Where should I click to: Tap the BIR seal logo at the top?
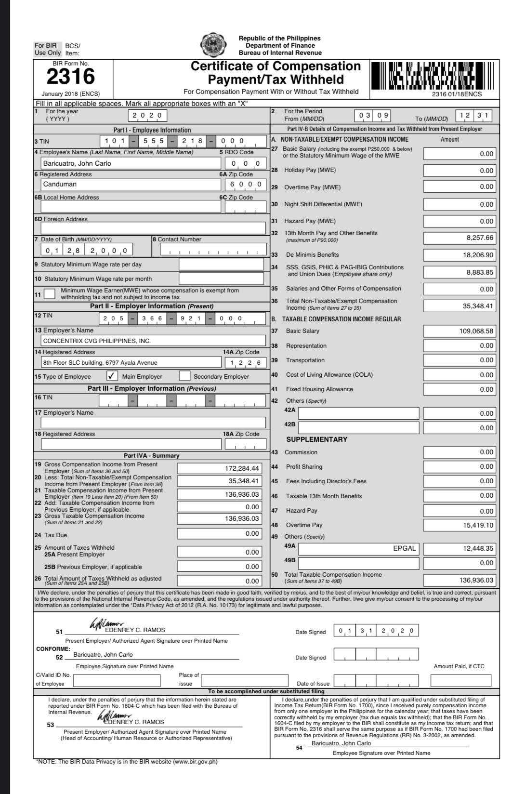(212, 45)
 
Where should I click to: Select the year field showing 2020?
(148, 116)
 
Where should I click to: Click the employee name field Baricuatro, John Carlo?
(130, 163)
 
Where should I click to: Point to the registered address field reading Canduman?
(130, 184)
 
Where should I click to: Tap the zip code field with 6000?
(245, 184)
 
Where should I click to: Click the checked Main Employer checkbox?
(112, 376)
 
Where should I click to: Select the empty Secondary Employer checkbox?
(184, 376)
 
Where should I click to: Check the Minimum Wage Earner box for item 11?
(49, 293)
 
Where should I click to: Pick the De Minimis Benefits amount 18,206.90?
(460, 255)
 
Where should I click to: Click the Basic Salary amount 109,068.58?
(460, 331)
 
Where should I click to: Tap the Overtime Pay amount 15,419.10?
(460, 525)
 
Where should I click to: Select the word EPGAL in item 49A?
(404, 548)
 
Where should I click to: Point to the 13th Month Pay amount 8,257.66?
(460, 238)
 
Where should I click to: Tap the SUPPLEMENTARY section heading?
(316, 439)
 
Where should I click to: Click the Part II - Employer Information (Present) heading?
(152, 306)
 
